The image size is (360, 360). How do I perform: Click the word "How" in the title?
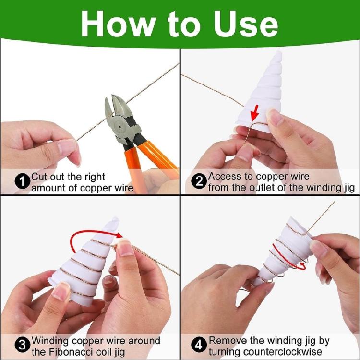point(117,24)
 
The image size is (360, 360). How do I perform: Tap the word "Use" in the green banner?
point(246,24)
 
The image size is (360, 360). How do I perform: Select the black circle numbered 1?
point(23,182)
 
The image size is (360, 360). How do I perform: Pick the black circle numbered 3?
point(23,345)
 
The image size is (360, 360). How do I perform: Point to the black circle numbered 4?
point(199,345)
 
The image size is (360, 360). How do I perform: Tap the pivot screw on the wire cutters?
point(120,127)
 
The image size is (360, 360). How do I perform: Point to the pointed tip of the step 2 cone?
point(279,52)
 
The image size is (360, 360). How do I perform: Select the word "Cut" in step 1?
point(39,177)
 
